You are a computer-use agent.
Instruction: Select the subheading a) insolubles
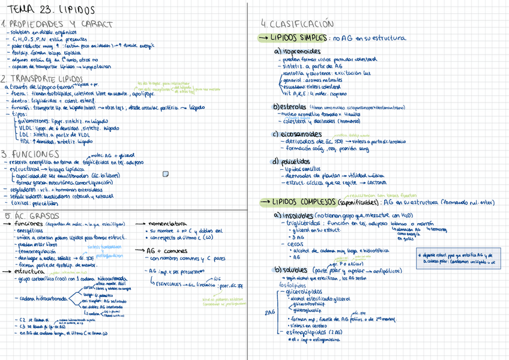point(294,215)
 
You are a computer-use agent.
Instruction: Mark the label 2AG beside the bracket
point(270,312)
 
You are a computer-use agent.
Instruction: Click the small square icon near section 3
point(166,174)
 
